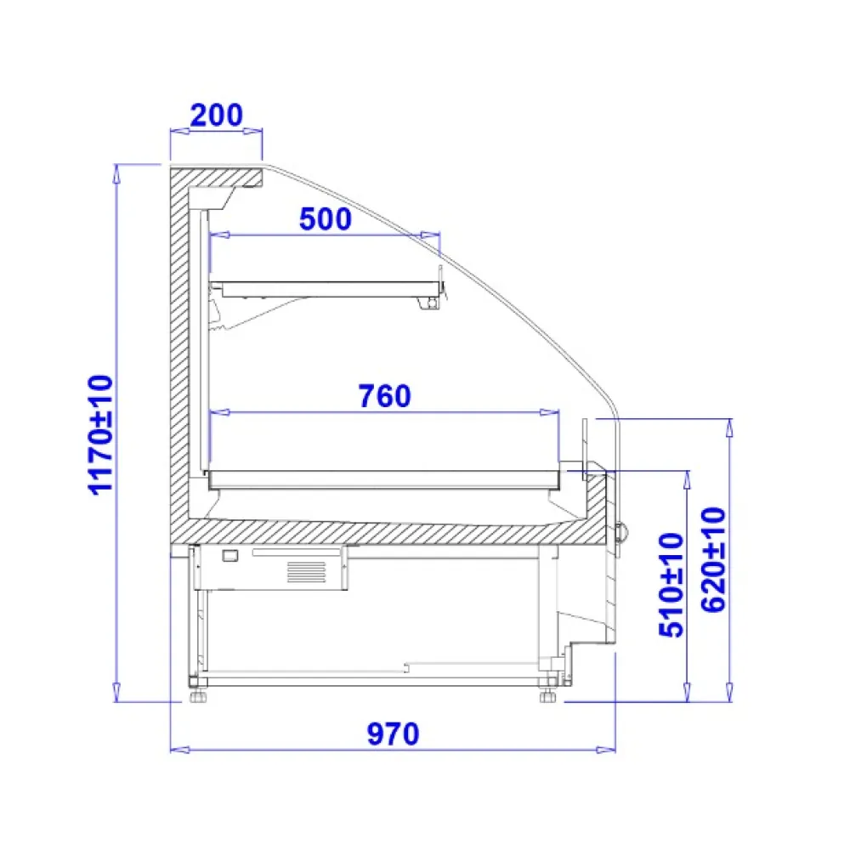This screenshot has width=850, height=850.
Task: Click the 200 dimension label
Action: pyautogui.click(x=216, y=115)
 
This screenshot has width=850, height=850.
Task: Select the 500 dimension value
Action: pyautogui.click(x=326, y=219)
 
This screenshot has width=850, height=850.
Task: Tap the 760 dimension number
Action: pyautogui.click(x=385, y=396)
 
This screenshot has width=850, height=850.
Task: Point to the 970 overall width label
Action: pyautogui.click(x=393, y=734)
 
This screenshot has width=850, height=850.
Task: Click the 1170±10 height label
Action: pyautogui.click(x=100, y=435)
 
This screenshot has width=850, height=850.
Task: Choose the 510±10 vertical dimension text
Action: pyautogui.click(x=671, y=585)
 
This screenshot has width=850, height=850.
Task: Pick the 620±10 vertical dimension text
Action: pyautogui.click(x=713, y=560)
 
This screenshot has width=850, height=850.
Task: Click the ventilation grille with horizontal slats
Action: pyautogui.click(x=306, y=572)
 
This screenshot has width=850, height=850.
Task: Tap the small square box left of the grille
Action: pyautogui.click(x=230, y=555)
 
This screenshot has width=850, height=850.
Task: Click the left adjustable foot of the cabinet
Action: pyautogui.click(x=198, y=695)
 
